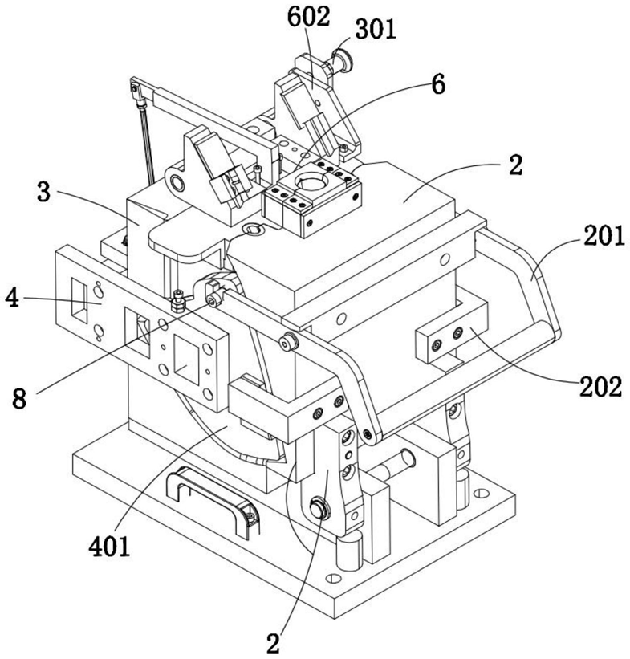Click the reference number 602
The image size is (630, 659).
pyautogui.click(x=308, y=17)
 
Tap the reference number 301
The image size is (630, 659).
pyautogui.click(x=376, y=30)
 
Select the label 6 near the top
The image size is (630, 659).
pyautogui.click(x=437, y=85)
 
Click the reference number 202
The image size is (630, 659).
pyautogui.click(x=600, y=387)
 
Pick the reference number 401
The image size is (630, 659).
pyautogui.click(x=109, y=547)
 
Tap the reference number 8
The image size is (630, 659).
pyautogui.click(x=19, y=398)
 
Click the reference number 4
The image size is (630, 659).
pyautogui.click(x=12, y=299)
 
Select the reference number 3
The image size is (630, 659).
pyautogui.click(x=43, y=192)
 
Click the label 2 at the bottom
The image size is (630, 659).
pyautogui.click(x=273, y=644)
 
